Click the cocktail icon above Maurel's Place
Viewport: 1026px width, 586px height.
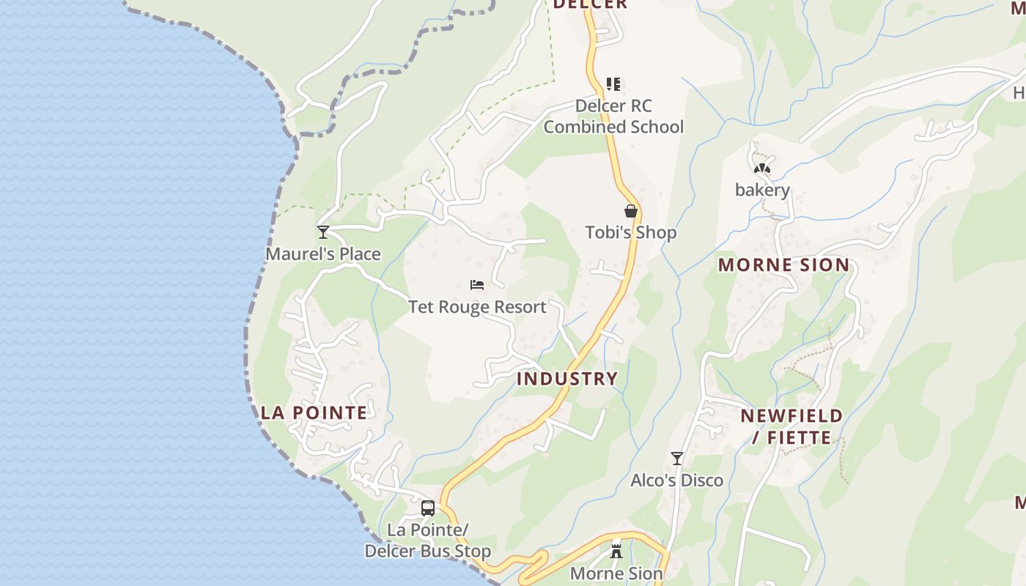323,232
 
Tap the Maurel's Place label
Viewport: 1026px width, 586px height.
323,254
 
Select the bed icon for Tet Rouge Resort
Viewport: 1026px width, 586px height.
477,284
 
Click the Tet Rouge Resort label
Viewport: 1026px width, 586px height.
477,307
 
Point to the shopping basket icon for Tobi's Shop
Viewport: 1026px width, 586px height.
630,212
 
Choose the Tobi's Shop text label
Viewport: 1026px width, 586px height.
630,233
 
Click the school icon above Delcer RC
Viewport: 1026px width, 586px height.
613,84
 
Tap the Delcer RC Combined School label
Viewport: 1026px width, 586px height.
613,116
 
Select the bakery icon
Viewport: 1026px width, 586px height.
762,169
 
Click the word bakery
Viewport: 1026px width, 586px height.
762,190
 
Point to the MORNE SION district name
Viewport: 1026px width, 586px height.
783,265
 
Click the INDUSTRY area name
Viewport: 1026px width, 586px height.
567,379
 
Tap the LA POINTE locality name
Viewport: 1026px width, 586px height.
314,412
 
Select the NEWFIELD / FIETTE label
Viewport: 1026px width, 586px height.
791,427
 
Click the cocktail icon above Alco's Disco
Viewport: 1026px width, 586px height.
677,459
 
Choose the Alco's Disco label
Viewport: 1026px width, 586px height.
677,481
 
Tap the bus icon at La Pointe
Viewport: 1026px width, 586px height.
428,508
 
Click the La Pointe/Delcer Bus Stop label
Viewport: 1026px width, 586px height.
428,541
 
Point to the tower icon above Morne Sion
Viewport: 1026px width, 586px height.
616,550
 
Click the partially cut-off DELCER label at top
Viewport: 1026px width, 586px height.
590,4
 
